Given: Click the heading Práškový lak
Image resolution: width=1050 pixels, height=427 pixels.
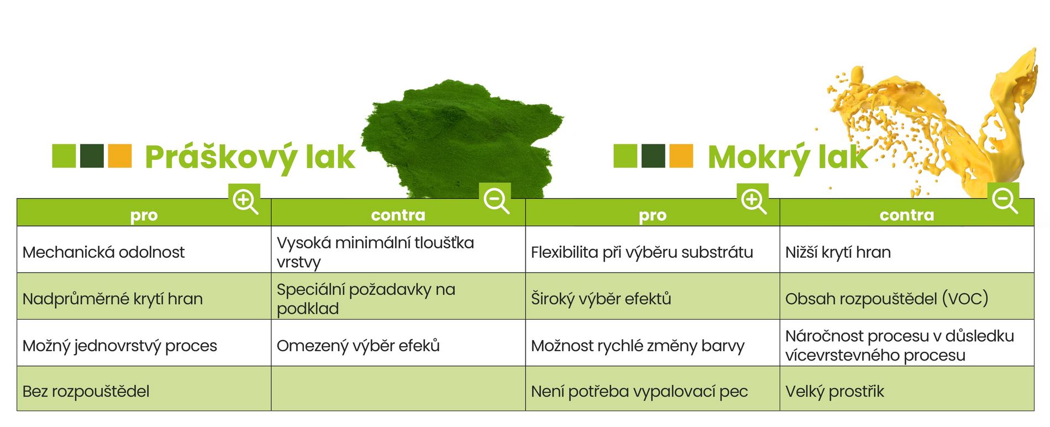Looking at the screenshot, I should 250,158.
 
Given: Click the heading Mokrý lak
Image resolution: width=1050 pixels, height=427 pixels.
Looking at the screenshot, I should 788,158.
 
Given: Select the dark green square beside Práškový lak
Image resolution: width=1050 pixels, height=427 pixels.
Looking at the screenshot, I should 92,156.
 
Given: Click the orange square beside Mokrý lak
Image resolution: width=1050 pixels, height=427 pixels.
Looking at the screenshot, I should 681,156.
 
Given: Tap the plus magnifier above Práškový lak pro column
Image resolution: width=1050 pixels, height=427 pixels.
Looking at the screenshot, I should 245,200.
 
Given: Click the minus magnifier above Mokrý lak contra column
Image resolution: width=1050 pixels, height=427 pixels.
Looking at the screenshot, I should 1004,200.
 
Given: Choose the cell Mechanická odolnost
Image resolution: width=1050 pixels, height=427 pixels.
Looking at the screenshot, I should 104,252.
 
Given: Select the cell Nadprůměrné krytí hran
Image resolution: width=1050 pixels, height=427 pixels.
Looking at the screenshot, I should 113,299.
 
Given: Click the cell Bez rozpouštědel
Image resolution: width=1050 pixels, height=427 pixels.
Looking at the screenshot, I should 86,392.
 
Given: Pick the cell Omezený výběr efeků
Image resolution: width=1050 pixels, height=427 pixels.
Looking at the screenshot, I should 358,346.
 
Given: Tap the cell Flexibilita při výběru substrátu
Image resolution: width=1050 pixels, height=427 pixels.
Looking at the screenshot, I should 642,252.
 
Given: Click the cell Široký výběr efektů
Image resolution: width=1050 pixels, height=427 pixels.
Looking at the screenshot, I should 601,299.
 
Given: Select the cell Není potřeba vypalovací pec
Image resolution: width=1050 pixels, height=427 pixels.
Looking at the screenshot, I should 639,392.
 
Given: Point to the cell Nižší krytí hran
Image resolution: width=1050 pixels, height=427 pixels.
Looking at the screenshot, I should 838,252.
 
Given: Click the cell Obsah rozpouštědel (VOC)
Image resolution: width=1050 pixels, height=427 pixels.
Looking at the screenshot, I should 886,299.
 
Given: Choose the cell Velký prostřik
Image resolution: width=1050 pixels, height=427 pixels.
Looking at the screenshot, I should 834,392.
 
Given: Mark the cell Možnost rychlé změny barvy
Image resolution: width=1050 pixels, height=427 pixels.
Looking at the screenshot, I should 638,346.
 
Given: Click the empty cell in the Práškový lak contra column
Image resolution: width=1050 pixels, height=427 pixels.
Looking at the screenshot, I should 398,389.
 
